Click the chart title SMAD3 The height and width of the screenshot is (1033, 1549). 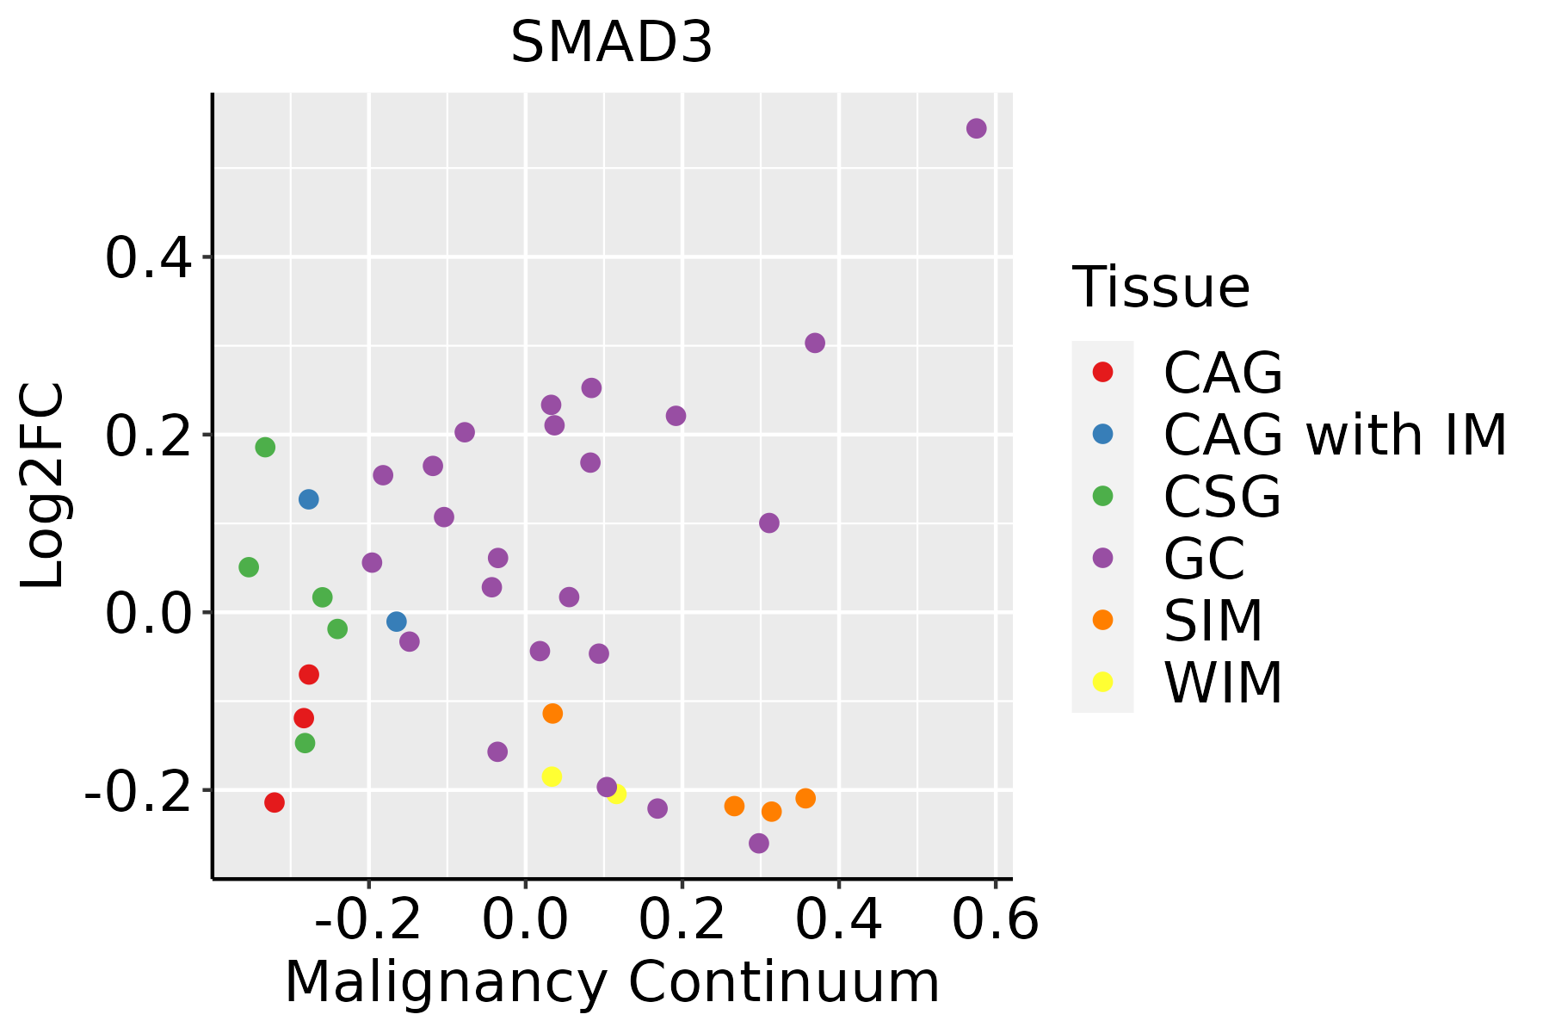point(611,43)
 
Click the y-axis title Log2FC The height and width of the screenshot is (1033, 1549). point(43,486)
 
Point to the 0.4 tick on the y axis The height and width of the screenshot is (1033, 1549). point(154,257)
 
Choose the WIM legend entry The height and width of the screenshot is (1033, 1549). point(1222,683)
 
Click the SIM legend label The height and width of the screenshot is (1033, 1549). point(1213,621)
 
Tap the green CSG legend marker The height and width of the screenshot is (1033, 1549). point(1102,496)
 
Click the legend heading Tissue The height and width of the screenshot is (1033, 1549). point(1161,288)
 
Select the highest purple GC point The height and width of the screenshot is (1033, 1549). point(976,128)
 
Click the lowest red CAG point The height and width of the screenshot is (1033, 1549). point(275,802)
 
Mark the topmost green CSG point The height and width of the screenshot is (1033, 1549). point(265,447)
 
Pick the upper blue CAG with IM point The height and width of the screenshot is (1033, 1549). point(309,499)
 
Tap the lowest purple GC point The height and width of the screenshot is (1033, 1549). point(758,843)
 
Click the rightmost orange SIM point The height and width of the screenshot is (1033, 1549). point(805,798)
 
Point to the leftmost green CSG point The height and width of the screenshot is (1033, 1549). point(249,567)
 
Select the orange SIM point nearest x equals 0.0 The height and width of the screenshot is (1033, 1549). point(552,713)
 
